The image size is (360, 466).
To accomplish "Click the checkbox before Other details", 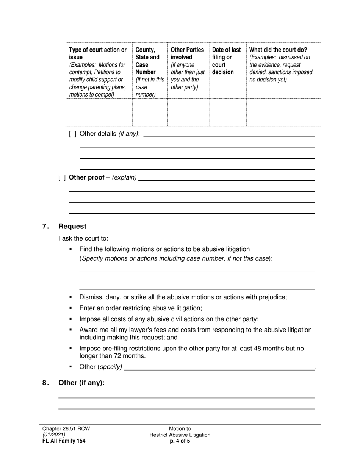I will point(73,134).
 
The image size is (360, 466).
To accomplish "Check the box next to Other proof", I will point(62,178).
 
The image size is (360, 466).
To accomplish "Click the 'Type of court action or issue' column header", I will point(98,53).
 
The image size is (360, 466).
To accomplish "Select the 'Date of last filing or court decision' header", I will point(227,61).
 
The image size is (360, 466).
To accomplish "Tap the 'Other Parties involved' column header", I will point(187,53).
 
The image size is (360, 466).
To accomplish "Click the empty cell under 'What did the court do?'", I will point(283,112).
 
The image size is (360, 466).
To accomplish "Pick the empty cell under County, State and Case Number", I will point(150,112).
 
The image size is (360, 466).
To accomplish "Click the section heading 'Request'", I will point(72,226).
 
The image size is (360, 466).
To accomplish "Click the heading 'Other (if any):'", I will point(81,383).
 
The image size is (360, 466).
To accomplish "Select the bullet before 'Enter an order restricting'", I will point(70,308).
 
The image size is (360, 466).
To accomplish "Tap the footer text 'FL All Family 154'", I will point(64,441).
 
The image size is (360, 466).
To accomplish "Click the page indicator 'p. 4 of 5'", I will point(180,441).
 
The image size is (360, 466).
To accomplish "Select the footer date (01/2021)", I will point(53,435).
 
